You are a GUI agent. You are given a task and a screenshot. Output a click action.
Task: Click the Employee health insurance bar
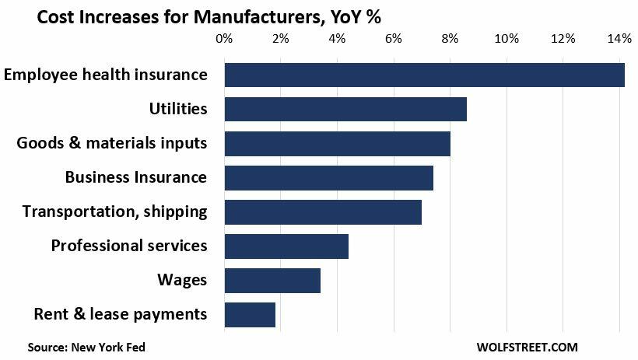click(424, 75)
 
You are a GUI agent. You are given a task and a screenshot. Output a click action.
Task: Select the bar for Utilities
click(345, 109)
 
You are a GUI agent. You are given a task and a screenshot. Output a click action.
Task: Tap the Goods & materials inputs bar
click(337, 144)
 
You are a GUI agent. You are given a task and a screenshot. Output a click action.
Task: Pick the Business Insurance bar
click(328, 178)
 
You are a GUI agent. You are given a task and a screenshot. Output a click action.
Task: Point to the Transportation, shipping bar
click(323, 212)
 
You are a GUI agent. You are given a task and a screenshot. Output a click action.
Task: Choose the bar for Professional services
click(286, 246)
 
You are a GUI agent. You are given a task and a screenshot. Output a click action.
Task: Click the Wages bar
click(272, 281)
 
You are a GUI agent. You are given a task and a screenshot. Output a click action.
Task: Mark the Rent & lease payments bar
click(250, 315)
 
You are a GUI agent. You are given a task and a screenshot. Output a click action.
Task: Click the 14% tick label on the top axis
click(619, 38)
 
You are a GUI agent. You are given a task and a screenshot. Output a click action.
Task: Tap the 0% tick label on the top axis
click(224, 38)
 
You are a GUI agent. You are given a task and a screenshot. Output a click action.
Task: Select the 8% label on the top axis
click(450, 38)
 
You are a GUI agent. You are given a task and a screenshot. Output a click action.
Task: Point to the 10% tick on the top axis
click(507, 38)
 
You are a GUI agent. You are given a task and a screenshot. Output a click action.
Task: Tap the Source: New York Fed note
click(86, 347)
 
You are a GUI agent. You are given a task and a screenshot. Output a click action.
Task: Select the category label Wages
click(182, 280)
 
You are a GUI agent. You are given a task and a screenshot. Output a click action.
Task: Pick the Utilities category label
click(178, 109)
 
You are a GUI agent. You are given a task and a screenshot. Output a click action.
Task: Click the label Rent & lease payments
click(121, 314)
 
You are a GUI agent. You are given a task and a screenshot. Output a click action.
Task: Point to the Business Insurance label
click(136, 177)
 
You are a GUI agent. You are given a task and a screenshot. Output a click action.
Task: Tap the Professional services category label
click(129, 246)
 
